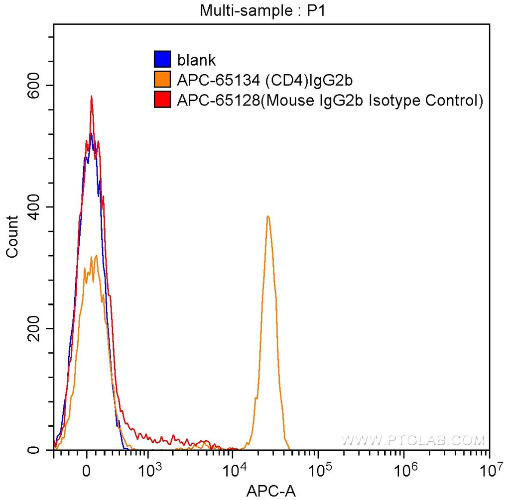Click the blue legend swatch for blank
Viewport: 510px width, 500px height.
click(162, 60)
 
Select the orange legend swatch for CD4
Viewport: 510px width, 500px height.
click(162, 80)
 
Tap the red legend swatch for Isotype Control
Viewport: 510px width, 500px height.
click(162, 100)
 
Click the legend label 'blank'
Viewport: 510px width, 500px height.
click(197, 60)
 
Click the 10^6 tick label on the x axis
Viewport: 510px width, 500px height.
click(403, 468)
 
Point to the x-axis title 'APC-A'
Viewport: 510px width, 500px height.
click(271, 491)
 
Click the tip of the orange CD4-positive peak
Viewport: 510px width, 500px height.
click(268, 216)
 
